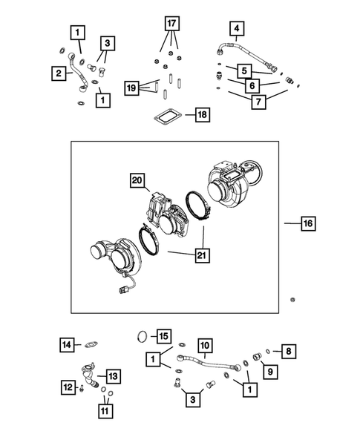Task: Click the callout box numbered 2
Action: coord(57,73)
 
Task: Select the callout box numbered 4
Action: coord(236,30)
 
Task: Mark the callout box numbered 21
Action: coord(200,256)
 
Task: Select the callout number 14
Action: coord(68,344)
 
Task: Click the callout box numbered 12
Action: coord(67,386)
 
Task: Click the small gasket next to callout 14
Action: coord(92,344)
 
